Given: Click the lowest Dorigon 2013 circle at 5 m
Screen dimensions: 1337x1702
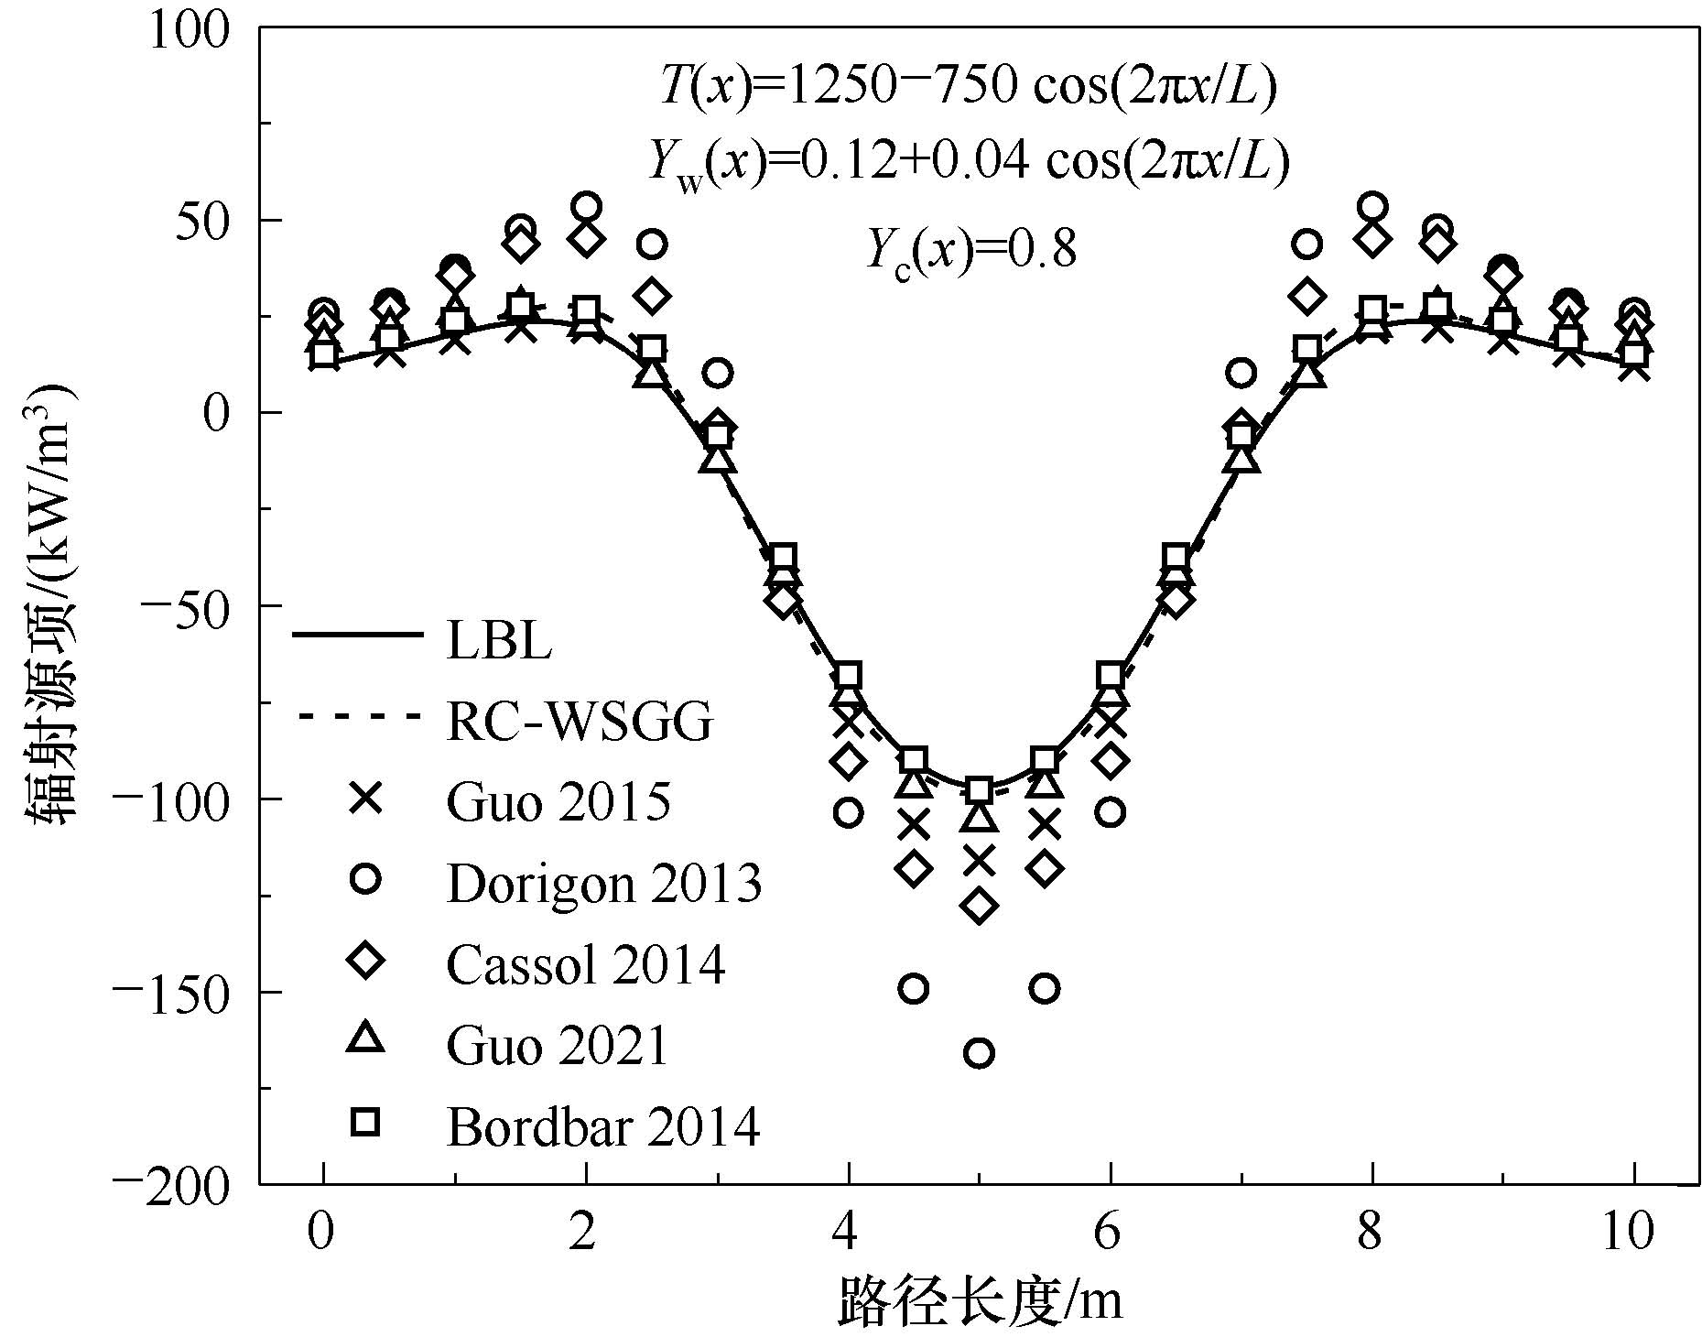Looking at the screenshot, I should [x=979, y=1054].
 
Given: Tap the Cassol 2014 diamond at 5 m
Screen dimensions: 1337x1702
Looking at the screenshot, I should [x=979, y=906].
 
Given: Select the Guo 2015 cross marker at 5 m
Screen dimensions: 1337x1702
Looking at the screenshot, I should [x=979, y=861].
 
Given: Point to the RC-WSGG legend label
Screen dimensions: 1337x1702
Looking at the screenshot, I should [x=580, y=723].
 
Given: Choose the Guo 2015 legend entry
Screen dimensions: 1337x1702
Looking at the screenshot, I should [x=558, y=801].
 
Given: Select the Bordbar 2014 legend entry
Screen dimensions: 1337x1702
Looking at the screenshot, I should [x=603, y=1125].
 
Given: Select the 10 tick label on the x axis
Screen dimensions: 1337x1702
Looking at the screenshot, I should [x=1631, y=1232].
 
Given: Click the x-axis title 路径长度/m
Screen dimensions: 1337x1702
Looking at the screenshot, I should [x=980, y=1299].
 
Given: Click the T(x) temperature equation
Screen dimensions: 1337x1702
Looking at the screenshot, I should [x=968, y=88].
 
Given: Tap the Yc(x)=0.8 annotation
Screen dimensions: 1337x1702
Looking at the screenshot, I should [x=970, y=249].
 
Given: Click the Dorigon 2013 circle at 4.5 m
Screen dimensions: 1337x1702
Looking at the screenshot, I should [x=914, y=989].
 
